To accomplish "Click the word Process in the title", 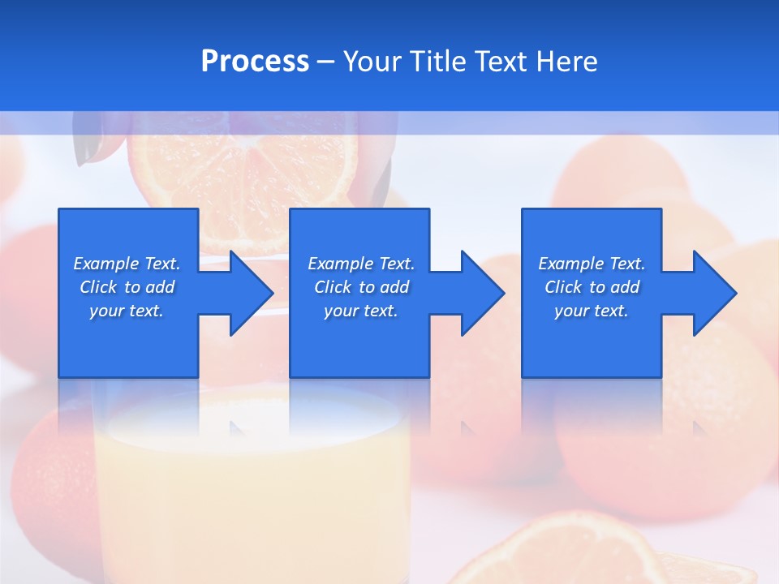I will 255,62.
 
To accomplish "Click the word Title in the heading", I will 437,62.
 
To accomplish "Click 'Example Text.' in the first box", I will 127,264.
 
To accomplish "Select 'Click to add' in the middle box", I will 361,287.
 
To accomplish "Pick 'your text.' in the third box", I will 591,311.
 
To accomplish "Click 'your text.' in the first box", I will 127,311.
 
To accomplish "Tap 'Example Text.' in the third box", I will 591,264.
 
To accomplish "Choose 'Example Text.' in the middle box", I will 361,264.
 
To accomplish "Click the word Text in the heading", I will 500,62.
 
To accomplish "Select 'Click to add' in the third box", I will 592,287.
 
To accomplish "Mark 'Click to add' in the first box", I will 127,287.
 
